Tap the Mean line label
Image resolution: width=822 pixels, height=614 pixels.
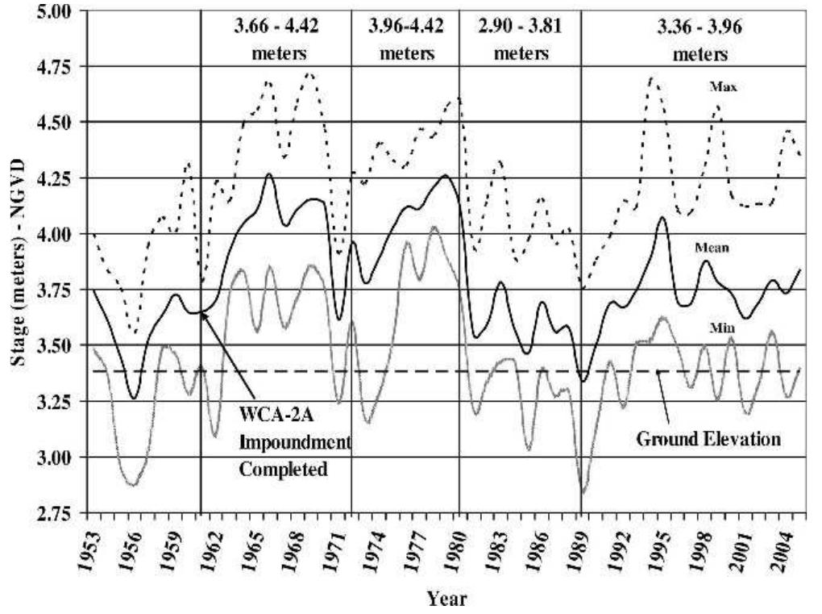coord(712,248)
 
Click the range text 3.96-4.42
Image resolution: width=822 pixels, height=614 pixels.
coord(405,24)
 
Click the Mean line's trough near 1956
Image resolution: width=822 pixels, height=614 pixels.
coord(133,398)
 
